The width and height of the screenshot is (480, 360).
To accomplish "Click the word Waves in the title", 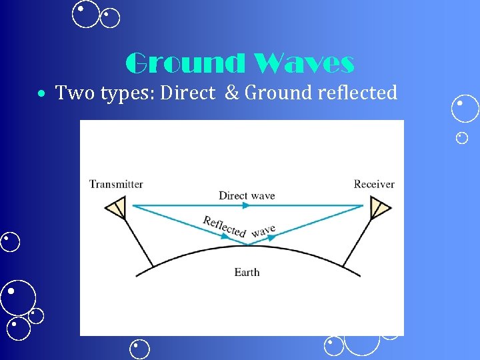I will (x=304, y=63).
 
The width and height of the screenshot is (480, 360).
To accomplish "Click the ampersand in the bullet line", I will (x=231, y=93).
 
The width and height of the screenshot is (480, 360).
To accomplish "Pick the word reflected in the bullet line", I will (x=357, y=93).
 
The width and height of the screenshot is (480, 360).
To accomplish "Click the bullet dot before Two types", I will (x=42, y=94).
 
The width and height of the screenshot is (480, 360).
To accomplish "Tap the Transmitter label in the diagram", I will (x=116, y=184).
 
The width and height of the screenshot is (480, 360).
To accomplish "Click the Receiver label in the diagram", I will (x=374, y=184).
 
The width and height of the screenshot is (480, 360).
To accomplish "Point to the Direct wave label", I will (x=247, y=195).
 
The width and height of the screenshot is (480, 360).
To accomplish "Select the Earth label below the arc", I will (x=247, y=272).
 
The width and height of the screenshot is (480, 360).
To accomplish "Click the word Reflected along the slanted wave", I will (x=225, y=226).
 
